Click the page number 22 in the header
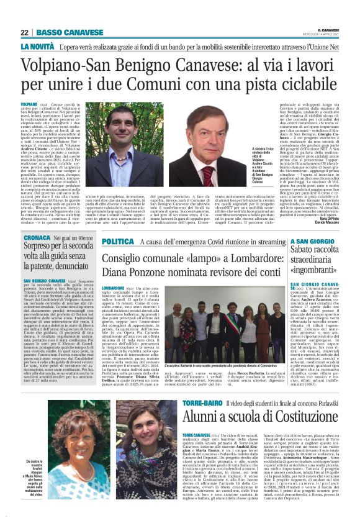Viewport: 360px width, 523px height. point(25,32)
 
